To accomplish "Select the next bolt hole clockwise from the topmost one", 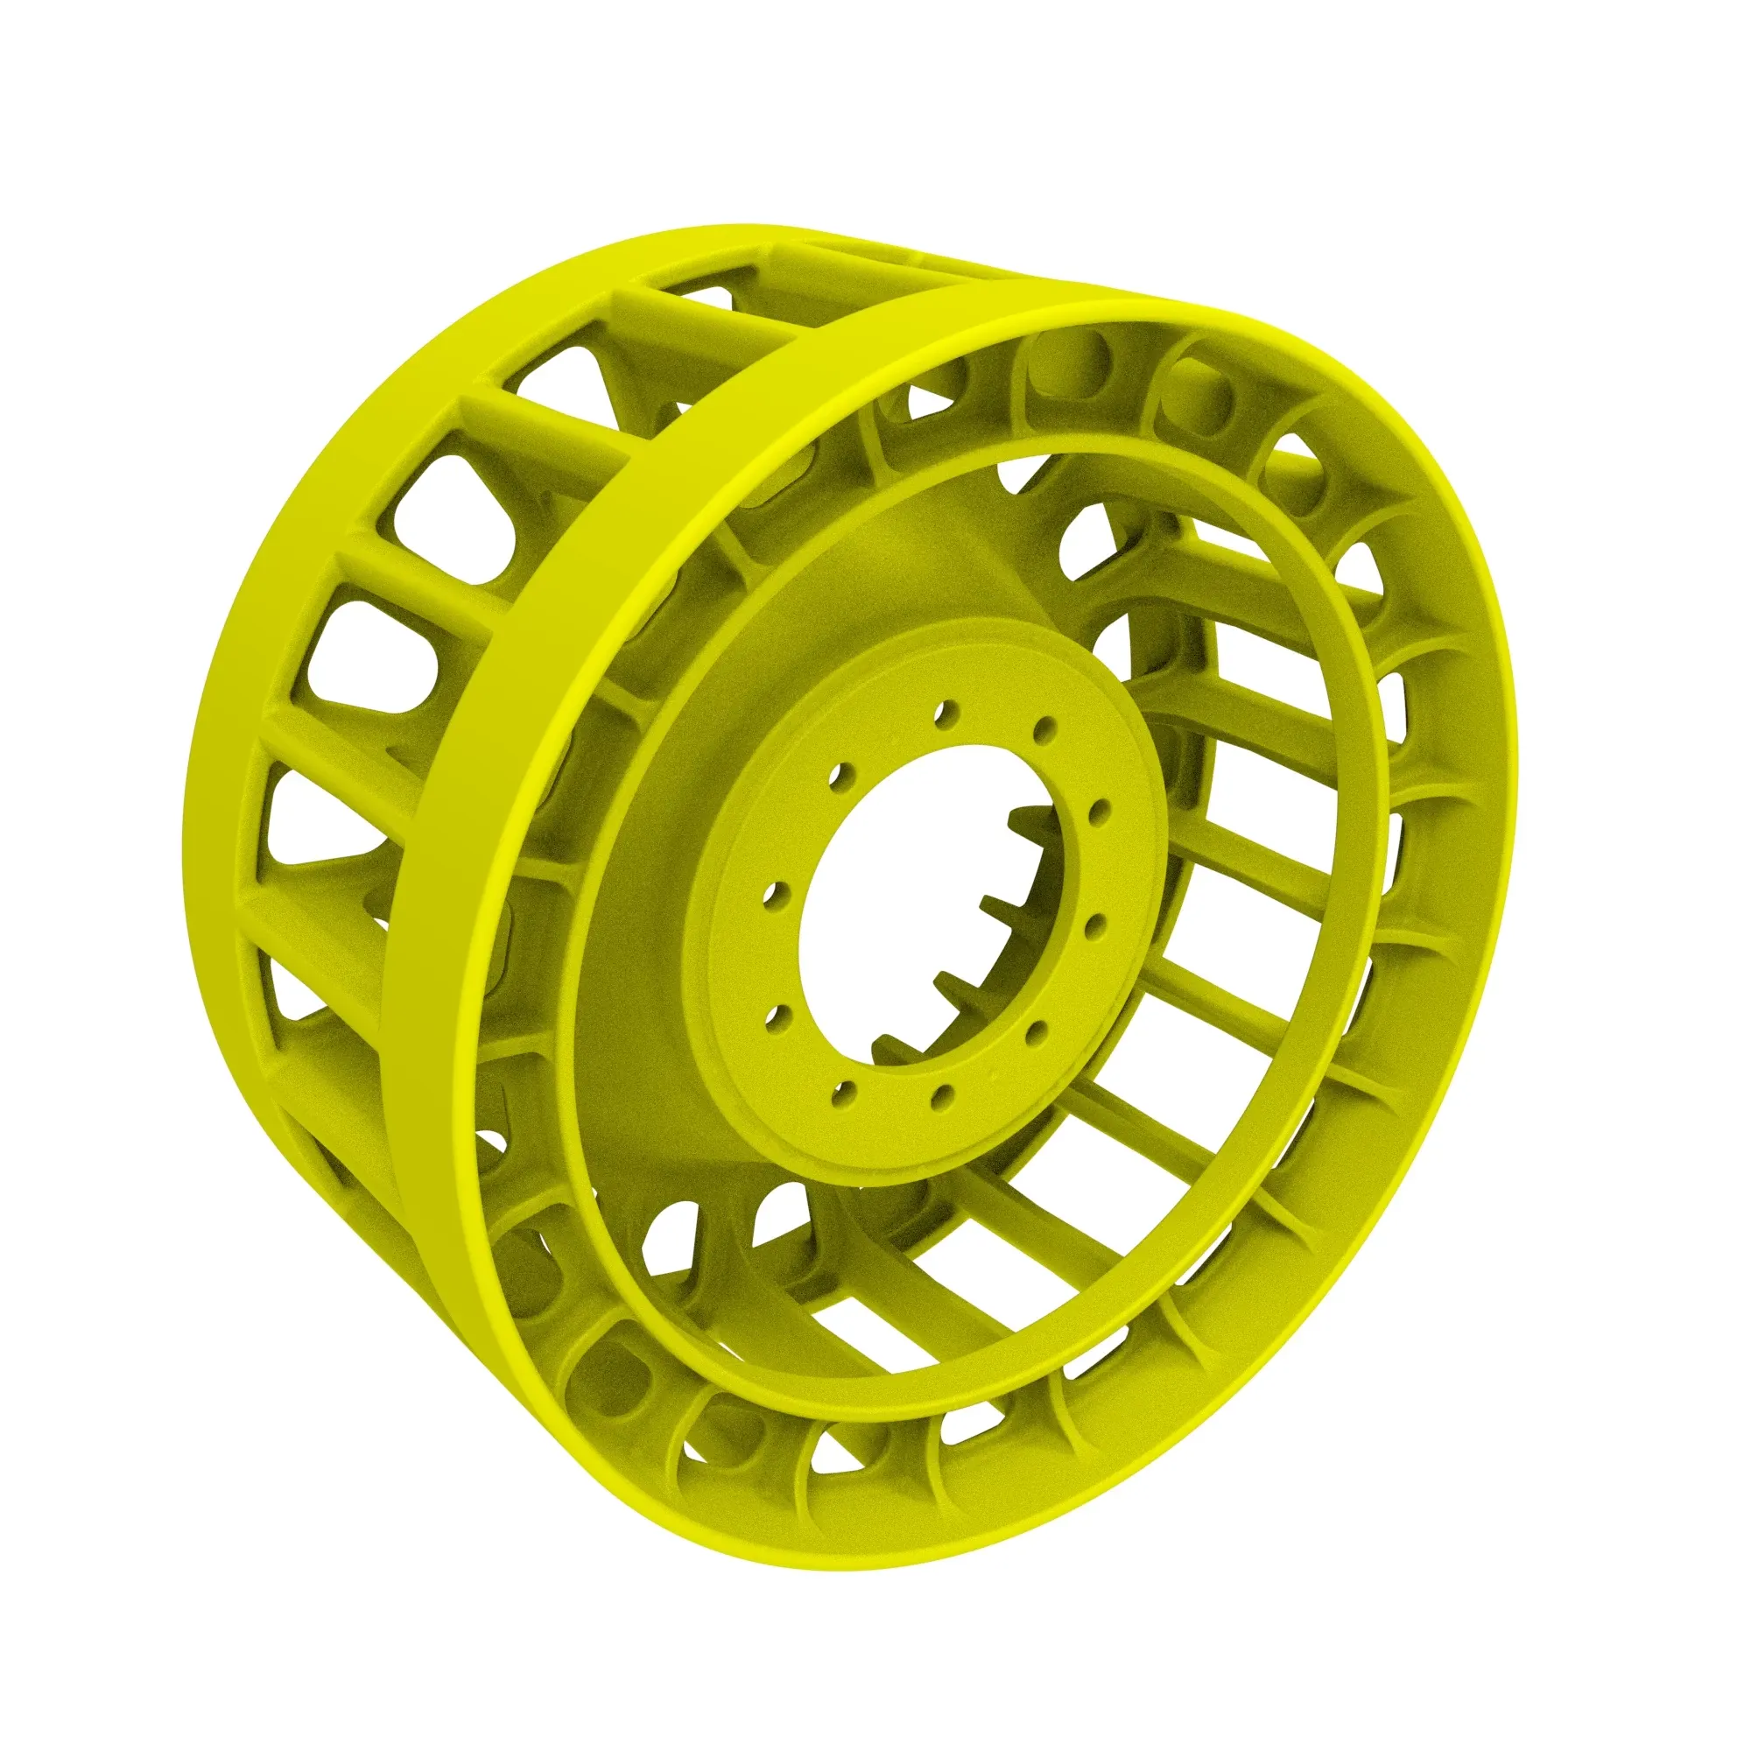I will click(x=1045, y=729).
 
